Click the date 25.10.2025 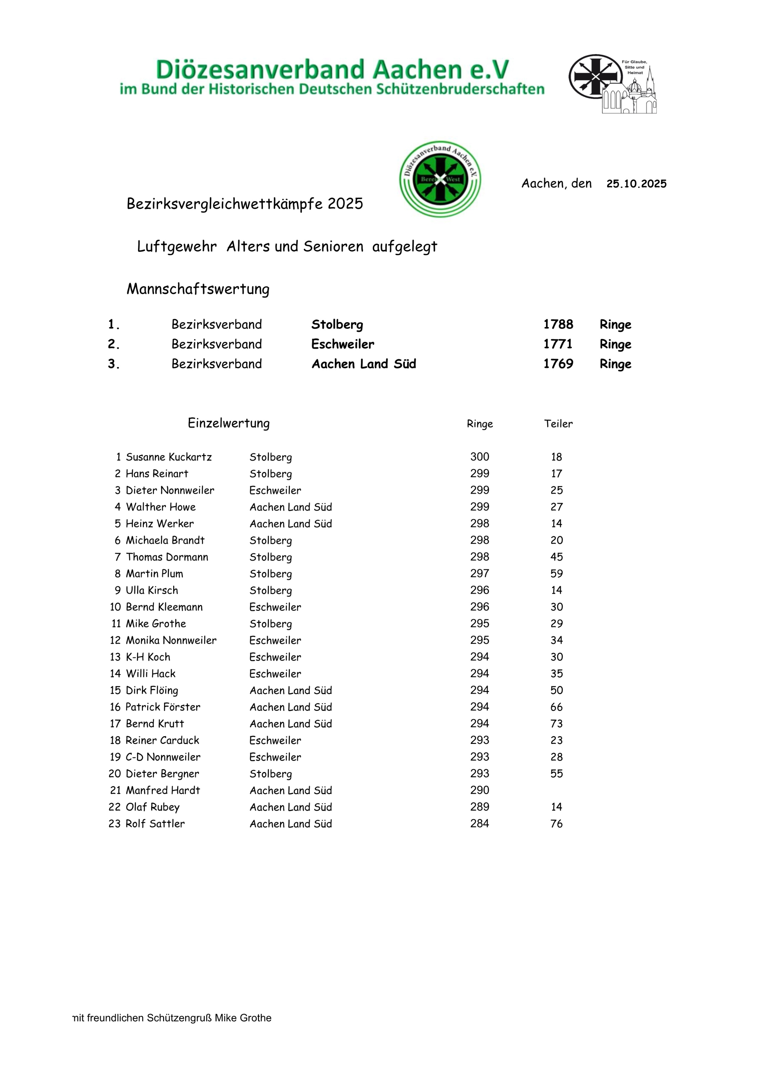pyautogui.click(x=636, y=184)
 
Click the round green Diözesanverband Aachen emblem pyautogui.click(x=440, y=179)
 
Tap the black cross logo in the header pyautogui.click(x=595, y=77)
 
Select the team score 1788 pyautogui.click(x=558, y=324)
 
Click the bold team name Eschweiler pyautogui.click(x=343, y=345)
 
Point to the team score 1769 pyautogui.click(x=558, y=364)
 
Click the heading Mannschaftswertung pyautogui.click(x=198, y=289)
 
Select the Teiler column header pyautogui.click(x=558, y=424)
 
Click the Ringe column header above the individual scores pyautogui.click(x=480, y=424)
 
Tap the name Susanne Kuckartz pyautogui.click(x=169, y=457)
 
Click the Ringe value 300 pyautogui.click(x=480, y=457)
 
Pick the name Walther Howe pyautogui.click(x=161, y=507)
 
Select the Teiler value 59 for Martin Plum pyautogui.click(x=557, y=574)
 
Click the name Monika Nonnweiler pyautogui.click(x=171, y=640)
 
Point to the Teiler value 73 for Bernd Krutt pyautogui.click(x=557, y=724)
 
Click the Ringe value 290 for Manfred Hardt pyautogui.click(x=480, y=790)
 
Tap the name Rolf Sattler pyautogui.click(x=155, y=824)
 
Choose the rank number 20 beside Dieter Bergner pyautogui.click(x=115, y=774)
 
